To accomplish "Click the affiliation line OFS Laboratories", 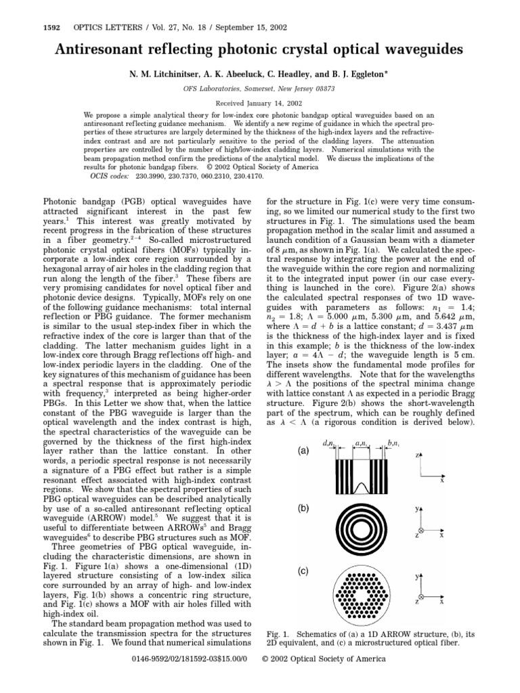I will pos(260,88).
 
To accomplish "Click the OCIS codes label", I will pos(107,175).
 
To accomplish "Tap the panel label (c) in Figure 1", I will pos(303,571).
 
